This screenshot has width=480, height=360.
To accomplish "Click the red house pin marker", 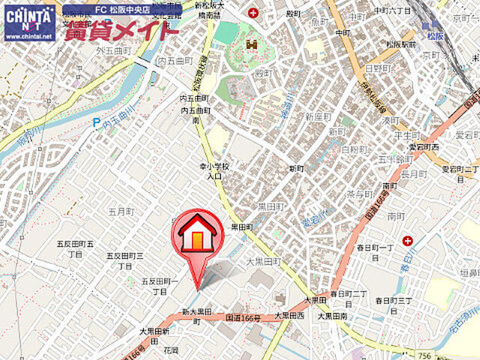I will coord(199,234).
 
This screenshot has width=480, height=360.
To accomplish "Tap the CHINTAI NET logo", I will coord(29,21).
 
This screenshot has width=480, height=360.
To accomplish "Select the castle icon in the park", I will coord(250,44).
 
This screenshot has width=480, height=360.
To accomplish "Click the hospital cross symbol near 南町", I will coord(407,241).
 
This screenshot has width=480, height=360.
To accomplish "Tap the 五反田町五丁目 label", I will coord(75,249).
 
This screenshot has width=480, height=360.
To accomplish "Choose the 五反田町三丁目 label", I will coord(128,260).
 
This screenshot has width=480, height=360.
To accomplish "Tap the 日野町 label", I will coord(374,68).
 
